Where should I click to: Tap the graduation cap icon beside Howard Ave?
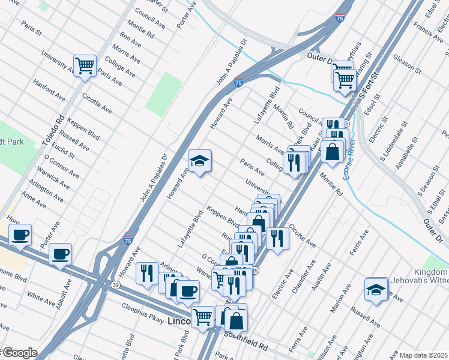(200, 161)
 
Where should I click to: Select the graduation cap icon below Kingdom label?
(376, 289)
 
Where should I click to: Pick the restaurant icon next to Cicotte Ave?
(277, 238)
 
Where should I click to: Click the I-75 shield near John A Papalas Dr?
(238, 83)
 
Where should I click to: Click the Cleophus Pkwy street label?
(142, 316)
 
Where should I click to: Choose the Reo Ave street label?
(130, 40)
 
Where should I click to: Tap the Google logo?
(19, 353)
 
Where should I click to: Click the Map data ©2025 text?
(423, 355)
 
